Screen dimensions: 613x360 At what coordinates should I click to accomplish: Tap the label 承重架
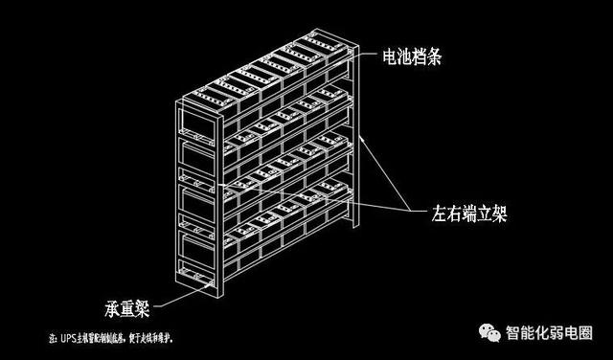pyautogui.click(x=125, y=308)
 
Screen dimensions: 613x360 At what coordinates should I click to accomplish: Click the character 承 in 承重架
pyautogui.click(x=110, y=308)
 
